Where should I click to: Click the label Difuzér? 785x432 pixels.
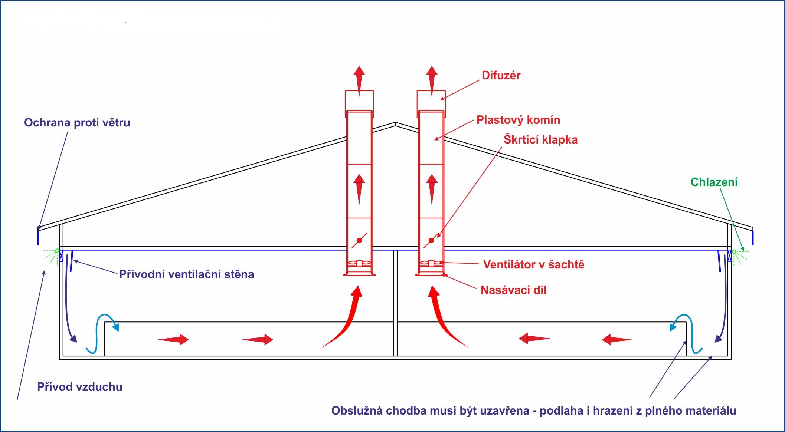(501, 76)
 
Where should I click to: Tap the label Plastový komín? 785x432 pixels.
(518, 120)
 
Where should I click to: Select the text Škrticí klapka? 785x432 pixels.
(540, 140)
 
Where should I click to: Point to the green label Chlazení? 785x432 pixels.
(714, 182)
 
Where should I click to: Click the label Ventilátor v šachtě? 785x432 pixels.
(533, 265)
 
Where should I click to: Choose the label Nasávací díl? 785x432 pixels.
(513, 290)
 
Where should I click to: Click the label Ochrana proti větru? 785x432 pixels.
(77, 123)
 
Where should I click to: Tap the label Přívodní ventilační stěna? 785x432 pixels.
(186, 274)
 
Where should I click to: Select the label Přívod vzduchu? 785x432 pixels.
(79, 387)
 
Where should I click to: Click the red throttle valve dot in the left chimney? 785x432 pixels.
(359, 240)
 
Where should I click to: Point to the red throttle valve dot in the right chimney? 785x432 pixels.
(431, 240)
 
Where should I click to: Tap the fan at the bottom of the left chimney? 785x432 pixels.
(359, 264)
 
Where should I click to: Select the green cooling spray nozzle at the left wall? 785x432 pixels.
(57, 251)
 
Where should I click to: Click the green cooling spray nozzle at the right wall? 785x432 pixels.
(734, 252)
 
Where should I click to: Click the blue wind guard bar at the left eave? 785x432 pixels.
(38, 237)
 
